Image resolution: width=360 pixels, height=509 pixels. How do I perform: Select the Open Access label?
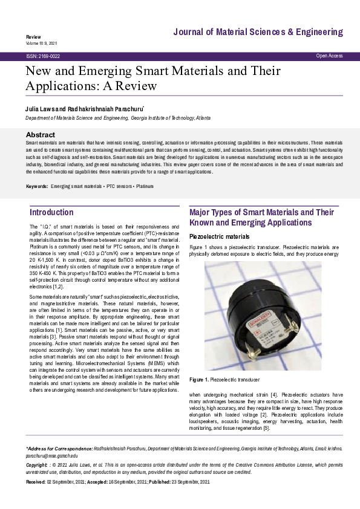(x=329, y=56)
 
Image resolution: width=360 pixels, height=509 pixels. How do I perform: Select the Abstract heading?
(x=42, y=134)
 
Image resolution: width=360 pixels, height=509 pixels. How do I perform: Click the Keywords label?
(x=37, y=187)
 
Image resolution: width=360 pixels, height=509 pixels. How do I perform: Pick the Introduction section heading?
(x=51, y=213)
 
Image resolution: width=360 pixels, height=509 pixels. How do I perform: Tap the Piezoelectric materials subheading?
(x=219, y=236)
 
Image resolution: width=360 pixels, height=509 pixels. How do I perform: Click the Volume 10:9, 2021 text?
(x=42, y=44)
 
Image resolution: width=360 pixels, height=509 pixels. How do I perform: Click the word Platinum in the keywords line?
(x=145, y=187)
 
